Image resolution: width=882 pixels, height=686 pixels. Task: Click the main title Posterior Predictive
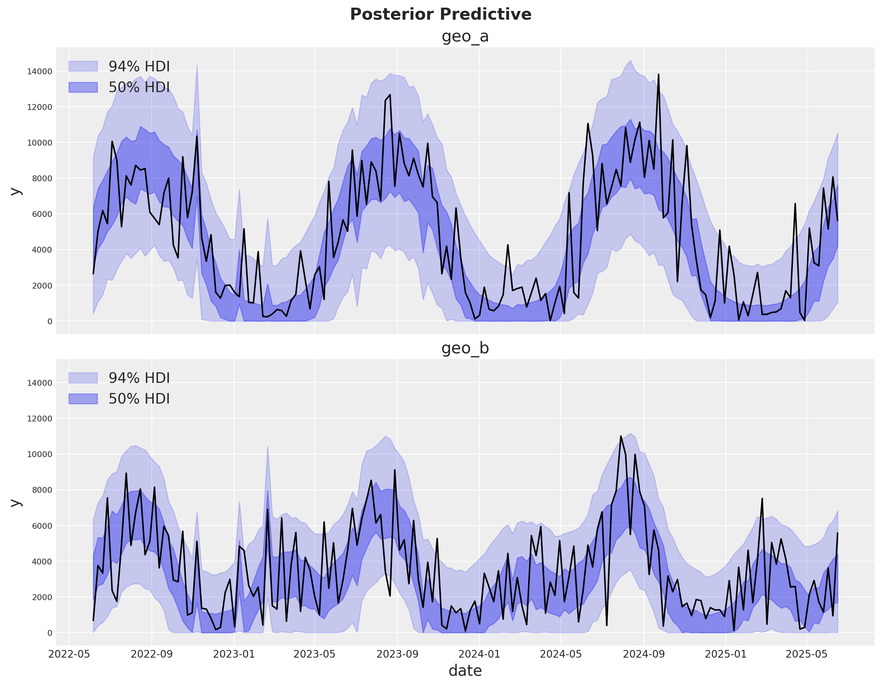point(440,15)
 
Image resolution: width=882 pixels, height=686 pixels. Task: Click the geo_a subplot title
point(465,36)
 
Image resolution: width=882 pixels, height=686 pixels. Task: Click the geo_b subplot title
point(465,348)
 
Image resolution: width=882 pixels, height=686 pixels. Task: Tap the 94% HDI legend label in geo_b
point(139,378)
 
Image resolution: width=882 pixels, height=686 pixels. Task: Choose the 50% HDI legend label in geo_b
point(139,399)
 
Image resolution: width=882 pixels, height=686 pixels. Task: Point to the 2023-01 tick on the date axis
point(234,654)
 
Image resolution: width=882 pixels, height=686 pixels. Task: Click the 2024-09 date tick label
point(644,654)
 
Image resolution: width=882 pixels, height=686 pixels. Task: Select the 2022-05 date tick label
point(69,654)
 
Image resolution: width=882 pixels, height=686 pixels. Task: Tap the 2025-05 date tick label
point(807,654)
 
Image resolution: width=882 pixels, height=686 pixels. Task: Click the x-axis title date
point(465,671)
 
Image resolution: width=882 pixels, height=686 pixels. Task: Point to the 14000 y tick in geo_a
point(40,71)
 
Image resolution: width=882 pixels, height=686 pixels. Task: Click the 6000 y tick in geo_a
point(40,214)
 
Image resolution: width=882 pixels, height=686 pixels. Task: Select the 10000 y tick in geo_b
point(40,454)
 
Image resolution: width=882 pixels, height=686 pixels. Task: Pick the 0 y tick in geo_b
point(50,633)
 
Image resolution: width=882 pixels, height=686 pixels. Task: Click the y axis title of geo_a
point(15,191)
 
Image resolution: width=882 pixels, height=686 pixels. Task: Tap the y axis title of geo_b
point(15,502)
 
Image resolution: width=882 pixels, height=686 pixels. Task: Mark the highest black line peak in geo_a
point(658,75)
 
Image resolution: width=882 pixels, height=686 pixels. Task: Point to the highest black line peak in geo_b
point(621,436)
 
